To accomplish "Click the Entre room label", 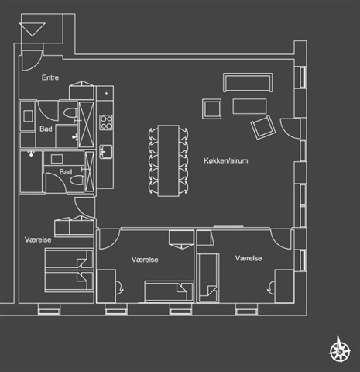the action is (50, 77).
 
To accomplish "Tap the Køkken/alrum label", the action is (226, 160).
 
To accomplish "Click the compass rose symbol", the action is (340, 350).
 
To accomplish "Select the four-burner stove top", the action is (106, 122).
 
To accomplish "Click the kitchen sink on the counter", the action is (106, 152).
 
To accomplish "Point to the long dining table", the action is (169, 160).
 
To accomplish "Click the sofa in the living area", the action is (248, 83).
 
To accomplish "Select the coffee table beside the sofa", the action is (249, 106).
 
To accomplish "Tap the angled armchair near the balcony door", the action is (263, 127).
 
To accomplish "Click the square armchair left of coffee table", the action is (212, 108).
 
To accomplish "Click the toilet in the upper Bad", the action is (70, 113).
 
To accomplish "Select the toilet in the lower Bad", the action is (77, 181).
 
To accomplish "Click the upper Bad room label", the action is (46, 129).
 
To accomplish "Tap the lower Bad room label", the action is (66, 171).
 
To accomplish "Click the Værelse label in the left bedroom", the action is (38, 239).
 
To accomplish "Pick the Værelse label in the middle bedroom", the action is (145, 260).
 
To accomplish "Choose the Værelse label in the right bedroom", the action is (249, 258).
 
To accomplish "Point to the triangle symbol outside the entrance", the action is (33, 29).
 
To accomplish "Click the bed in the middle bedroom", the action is (169, 291).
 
